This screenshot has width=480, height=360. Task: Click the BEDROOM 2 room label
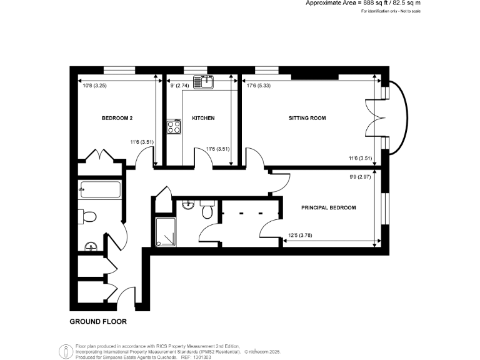coord(117,118)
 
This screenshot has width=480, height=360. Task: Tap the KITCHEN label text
coord(203,118)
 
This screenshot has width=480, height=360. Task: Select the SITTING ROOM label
coord(307,118)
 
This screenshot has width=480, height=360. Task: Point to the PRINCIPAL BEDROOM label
coord(329,207)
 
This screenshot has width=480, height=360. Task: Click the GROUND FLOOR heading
coord(97,322)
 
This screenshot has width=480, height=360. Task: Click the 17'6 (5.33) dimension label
coord(259,86)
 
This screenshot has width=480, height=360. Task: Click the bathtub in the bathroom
coord(101,189)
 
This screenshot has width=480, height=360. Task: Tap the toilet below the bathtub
coord(88,216)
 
